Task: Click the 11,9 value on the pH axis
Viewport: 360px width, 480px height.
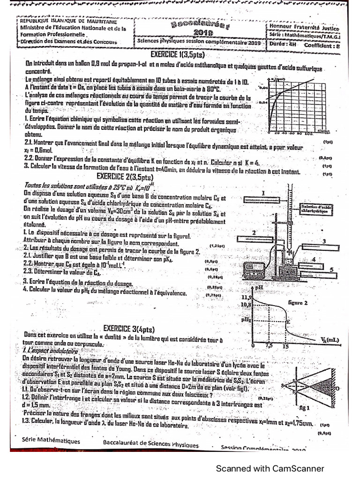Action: [x=247, y=298]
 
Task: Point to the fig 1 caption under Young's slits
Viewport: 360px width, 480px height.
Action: [x=305, y=408]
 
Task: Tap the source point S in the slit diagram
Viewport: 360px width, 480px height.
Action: [x=284, y=385]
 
